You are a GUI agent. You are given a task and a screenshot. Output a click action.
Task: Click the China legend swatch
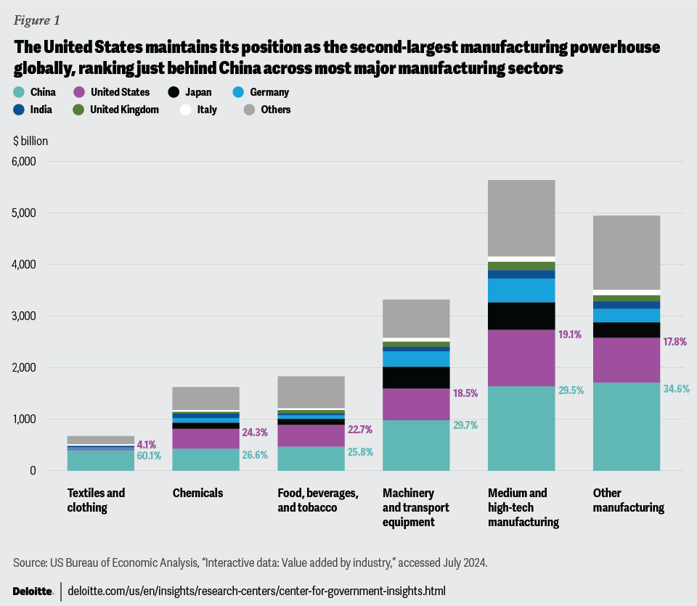[18, 92]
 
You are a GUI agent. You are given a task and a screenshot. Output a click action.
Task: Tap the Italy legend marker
[186, 110]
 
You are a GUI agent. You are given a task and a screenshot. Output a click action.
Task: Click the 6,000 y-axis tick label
[23, 162]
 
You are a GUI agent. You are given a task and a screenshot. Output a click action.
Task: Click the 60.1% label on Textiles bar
[149, 456]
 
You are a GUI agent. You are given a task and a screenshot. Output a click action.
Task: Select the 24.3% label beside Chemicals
[255, 433]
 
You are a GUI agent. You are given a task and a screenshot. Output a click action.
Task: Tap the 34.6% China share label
[676, 389]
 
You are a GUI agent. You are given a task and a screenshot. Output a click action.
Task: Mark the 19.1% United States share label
[571, 335]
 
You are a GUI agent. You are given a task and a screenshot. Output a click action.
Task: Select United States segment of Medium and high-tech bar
[521, 358]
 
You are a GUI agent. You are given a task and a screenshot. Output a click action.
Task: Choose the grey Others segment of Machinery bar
[416, 318]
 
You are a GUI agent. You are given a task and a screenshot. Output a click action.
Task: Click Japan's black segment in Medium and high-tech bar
[521, 316]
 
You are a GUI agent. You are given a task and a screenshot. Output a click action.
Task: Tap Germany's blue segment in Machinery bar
[416, 359]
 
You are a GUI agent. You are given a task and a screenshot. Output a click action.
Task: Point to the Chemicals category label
[197, 494]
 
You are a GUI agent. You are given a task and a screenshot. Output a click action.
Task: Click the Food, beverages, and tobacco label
[318, 500]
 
